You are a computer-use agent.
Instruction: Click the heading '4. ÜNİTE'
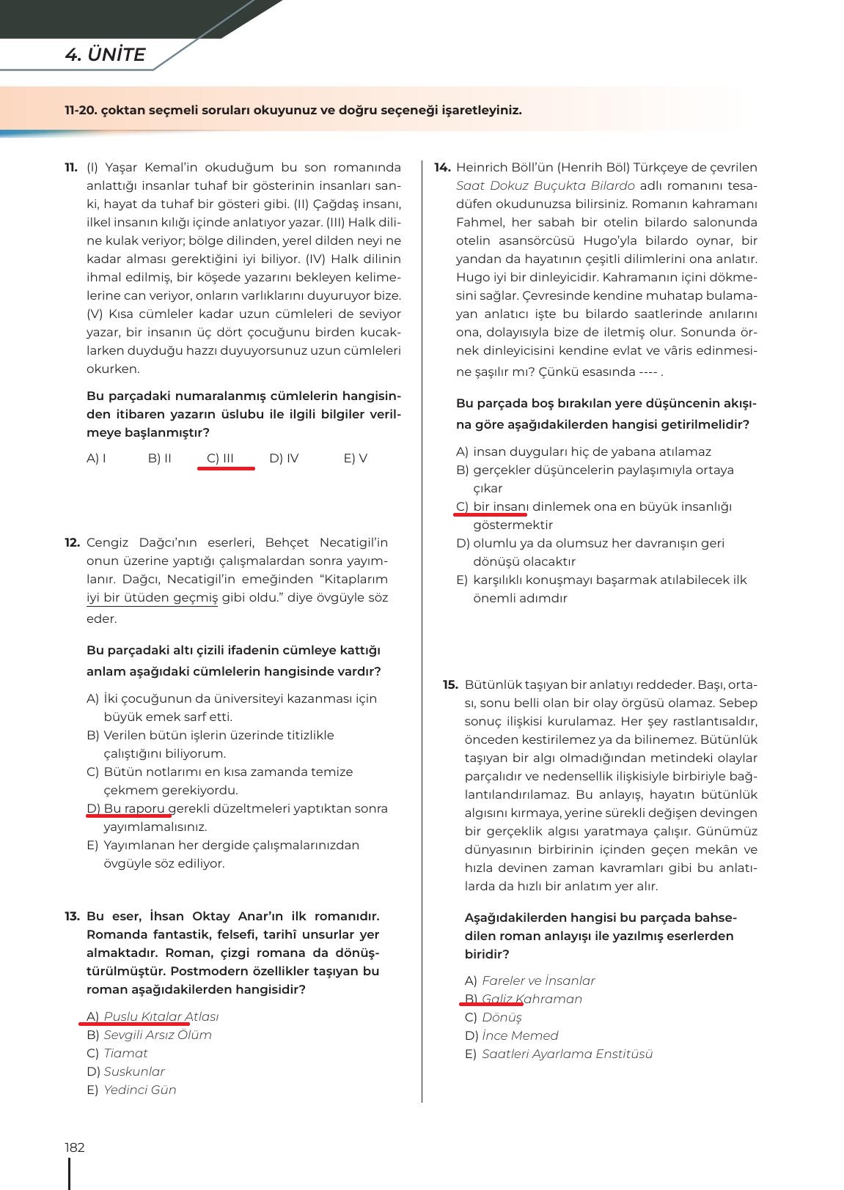point(105,55)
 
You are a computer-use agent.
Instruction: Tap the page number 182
point(75,1147)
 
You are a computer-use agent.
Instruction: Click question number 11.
point(71,168)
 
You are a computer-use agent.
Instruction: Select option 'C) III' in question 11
point(220,459)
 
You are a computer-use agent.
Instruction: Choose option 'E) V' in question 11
point(355,459)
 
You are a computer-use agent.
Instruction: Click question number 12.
point(72,543)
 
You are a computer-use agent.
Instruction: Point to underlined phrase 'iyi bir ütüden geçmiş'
point(152,598)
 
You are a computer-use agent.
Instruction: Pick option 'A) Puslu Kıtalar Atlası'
point(153,1017)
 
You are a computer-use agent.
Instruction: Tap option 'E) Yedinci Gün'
point(132,1090)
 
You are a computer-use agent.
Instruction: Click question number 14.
point(442,168)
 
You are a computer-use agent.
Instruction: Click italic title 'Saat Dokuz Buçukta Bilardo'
point(545,186)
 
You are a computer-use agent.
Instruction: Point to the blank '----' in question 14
point(647,372)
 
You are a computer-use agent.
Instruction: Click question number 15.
point(450,685)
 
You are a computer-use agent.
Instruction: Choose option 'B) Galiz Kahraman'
point(524,999)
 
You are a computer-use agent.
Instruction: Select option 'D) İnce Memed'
point(512,1036)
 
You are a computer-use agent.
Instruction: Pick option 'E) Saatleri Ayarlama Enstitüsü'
point(559,1054)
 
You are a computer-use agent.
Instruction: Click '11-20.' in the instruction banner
point(80,111)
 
